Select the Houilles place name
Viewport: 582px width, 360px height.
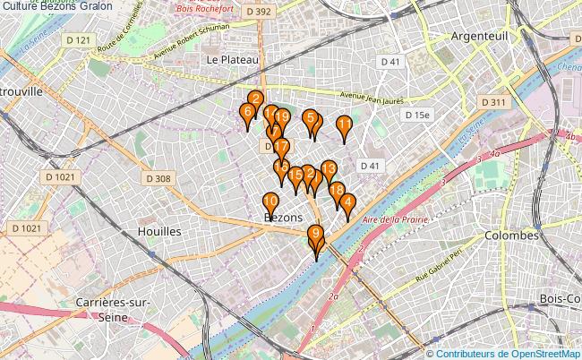(x=159, y=230)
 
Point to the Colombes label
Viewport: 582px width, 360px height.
(x=510, y=235)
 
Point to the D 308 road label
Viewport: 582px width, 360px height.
(x=157, y=179)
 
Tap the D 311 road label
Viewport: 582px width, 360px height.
(x=493, y=103)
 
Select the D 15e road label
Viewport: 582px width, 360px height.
(x=417, y=116)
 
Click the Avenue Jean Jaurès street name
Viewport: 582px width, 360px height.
(x=372, y=99)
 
